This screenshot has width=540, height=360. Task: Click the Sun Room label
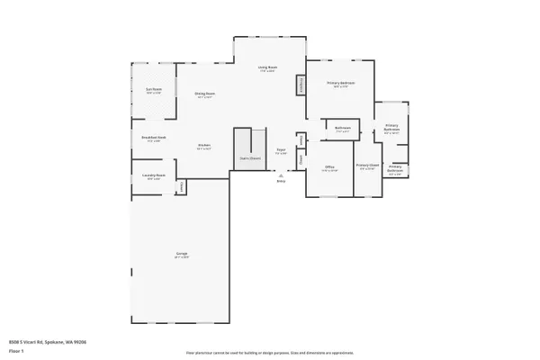click(x=154, y=90)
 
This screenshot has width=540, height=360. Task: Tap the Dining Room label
click(x=204, y=94)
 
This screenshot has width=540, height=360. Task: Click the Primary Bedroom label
click(x=340, y=84)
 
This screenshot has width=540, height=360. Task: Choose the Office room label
click(x=330, y=168)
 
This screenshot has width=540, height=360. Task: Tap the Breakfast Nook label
click(x=151, y=139)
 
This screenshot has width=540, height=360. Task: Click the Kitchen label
click(x=204, y=148)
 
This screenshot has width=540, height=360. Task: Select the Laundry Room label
click(x=153, y=176)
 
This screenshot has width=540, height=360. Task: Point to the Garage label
click(x=181, y=256)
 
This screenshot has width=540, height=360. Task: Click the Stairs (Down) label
click(x=249, y=159)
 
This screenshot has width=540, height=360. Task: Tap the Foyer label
click(x=281, y=151)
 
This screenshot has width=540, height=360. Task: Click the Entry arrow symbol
click(x=280, y=175)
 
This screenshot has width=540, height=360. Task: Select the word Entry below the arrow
click(x=281, y=181)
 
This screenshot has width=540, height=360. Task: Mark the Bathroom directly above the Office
click(x=342, y=129)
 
